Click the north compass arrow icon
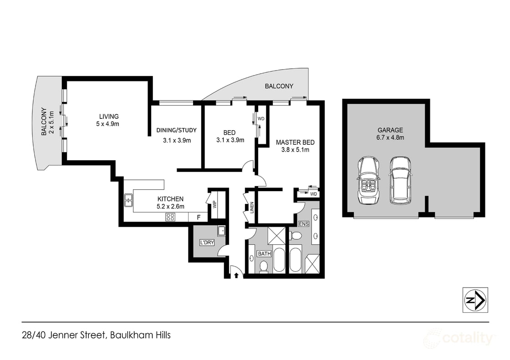(475, 300)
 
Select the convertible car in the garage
(368, 181)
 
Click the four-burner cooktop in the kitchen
(171, 217)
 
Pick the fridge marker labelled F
(198, 218)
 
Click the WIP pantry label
(214, 204)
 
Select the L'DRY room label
(206, 243)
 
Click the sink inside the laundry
(221, 231)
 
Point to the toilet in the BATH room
(263, 266)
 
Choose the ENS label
(304, 224)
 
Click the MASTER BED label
(295, 142)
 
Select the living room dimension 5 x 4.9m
(107, 124)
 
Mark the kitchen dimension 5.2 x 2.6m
(170, 207)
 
